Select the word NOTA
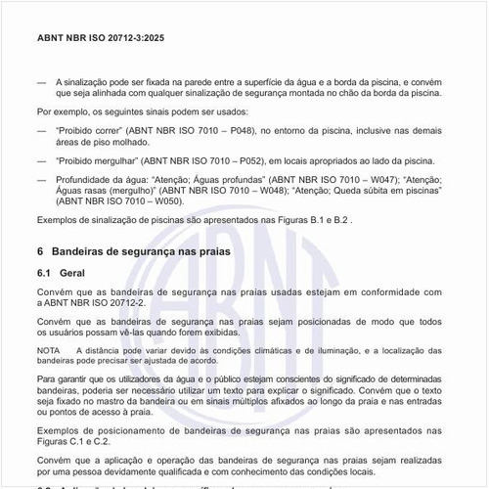[49, 349]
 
